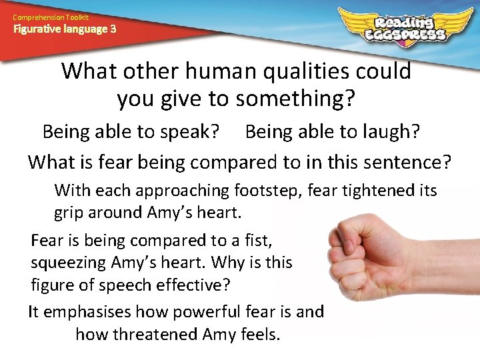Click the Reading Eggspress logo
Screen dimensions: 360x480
(405, 25)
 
